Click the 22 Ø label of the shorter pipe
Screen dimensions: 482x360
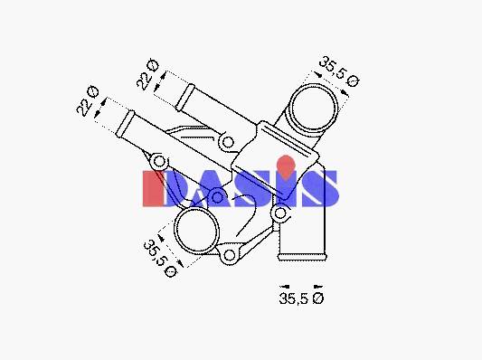click(147, 74)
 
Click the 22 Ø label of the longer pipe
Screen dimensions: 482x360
click(88, 100)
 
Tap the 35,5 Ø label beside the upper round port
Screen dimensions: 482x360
click(339, 72)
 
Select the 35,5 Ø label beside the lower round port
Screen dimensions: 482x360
click(160, 259)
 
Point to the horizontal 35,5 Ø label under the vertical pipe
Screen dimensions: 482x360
click(301, 298)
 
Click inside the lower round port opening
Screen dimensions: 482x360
click(196, 231)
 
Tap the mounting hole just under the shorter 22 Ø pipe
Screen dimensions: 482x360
click(228, 142)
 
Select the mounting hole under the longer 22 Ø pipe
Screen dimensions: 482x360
click(159, 161)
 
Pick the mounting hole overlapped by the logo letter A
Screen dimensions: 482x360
click(217, 197)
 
